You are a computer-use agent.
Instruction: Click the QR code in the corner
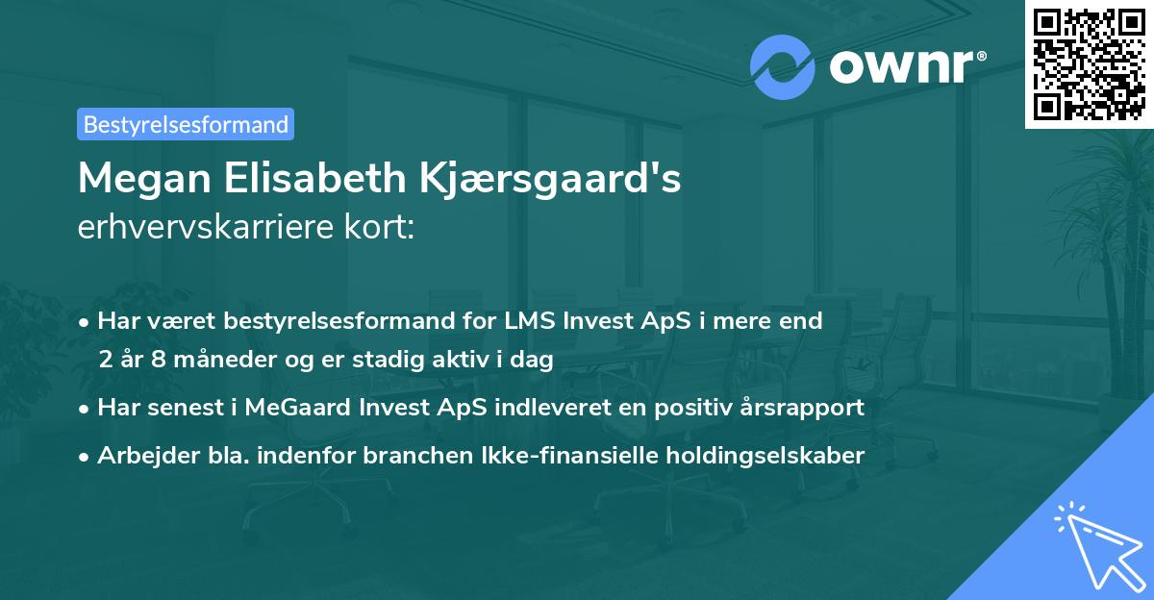(1089, 63)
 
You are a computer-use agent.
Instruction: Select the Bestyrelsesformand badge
(186, 124)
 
